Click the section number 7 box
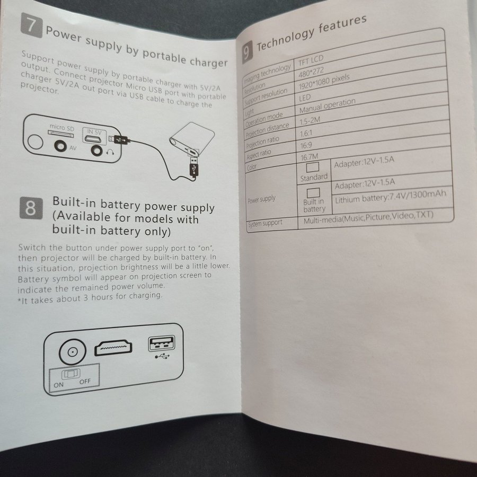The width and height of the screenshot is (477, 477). tap(32, 25)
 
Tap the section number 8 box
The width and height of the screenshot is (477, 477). tap(31, 208)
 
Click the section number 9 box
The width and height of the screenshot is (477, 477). tap(248, 52)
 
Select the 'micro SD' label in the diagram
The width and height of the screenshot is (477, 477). tap(62, 127)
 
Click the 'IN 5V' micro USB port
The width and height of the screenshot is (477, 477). tap(95, 139)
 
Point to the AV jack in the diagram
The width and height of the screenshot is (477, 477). tap(60, 146)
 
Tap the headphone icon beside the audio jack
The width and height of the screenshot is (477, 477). tap(110, 152)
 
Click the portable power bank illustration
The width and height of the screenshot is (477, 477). tap(192, 138)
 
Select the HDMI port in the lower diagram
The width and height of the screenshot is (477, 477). tap(113, 348)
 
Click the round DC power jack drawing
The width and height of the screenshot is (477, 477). tap(73, 352)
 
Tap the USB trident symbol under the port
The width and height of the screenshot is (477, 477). tap(162, 356)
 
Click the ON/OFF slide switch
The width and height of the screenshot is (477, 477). tap(71, 374)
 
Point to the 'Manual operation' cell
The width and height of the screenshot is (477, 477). tap(328, 105)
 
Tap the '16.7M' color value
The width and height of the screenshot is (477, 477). tap(309, 157)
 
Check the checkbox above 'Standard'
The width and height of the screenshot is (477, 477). tap(312, 167)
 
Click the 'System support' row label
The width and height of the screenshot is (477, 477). tap(266, 224)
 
